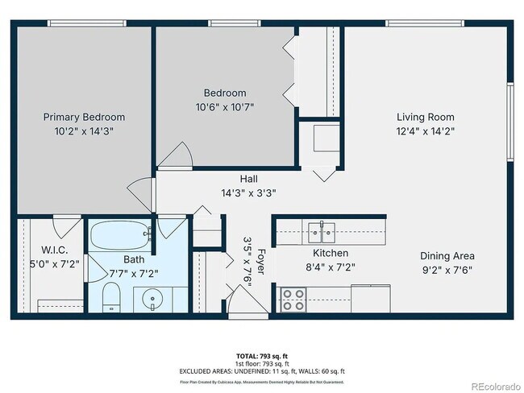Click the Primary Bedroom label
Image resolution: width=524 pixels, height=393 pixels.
(x=84, y=117)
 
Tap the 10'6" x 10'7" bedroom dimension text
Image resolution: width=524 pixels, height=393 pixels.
(x=226, y=107)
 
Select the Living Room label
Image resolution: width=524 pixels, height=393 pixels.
(x=425, y=117)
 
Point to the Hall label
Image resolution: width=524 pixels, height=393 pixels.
(x=249, y=179)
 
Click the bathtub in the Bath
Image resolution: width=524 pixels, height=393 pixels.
(x=120, y=237)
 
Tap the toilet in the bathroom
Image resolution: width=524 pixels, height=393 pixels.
(x=113, y=297)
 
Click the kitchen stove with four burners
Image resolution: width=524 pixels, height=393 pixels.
(x=293, y=300)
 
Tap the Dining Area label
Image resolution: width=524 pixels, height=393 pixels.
(x=446, y=256)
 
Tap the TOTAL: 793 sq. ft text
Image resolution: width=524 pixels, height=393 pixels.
(x=262, y=355)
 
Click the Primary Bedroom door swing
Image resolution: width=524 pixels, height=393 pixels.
(x=142, y=193)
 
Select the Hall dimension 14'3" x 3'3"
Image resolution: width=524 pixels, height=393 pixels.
(x=249, y=193)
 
